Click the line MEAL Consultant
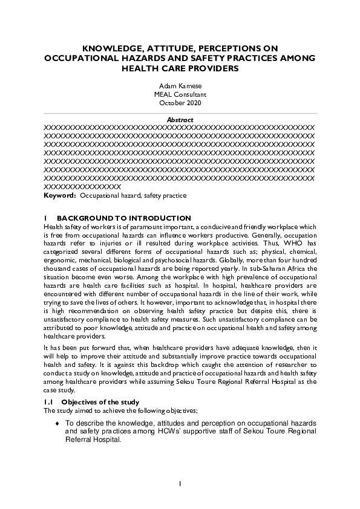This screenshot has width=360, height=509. coord(180,95)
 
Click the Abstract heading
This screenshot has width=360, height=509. coord(180,120)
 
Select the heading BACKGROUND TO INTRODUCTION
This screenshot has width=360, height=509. coord(124,218)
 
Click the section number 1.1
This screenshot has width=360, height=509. coord(49,402)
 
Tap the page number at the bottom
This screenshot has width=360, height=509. coord(180,484)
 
